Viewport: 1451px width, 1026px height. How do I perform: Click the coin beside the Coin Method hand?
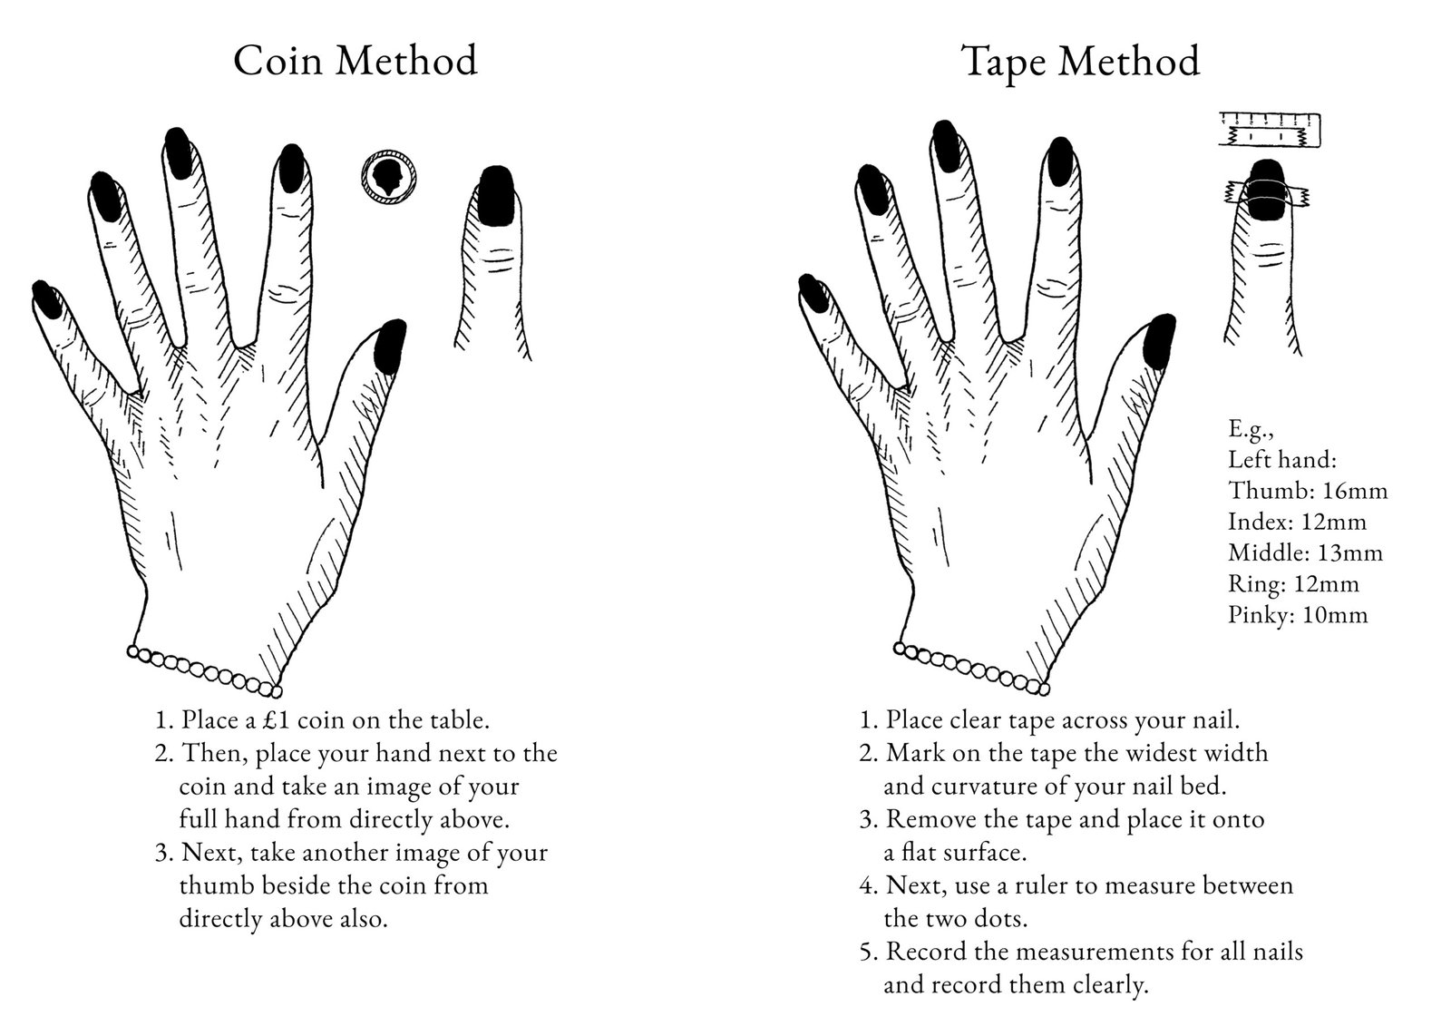pos(389,177)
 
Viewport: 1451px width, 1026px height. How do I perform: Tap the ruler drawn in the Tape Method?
pos(1270,130)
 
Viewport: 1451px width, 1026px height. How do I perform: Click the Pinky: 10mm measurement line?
pos(1298,614)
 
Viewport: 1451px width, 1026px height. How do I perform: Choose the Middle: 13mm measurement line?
pos(1305,552)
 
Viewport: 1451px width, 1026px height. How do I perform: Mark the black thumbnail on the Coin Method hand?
pos(391,346)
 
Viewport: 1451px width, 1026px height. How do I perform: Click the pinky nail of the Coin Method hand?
pos(46,298)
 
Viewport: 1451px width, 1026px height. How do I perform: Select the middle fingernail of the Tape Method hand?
pos(947,146)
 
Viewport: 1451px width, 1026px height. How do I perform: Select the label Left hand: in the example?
pos(1282,460)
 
